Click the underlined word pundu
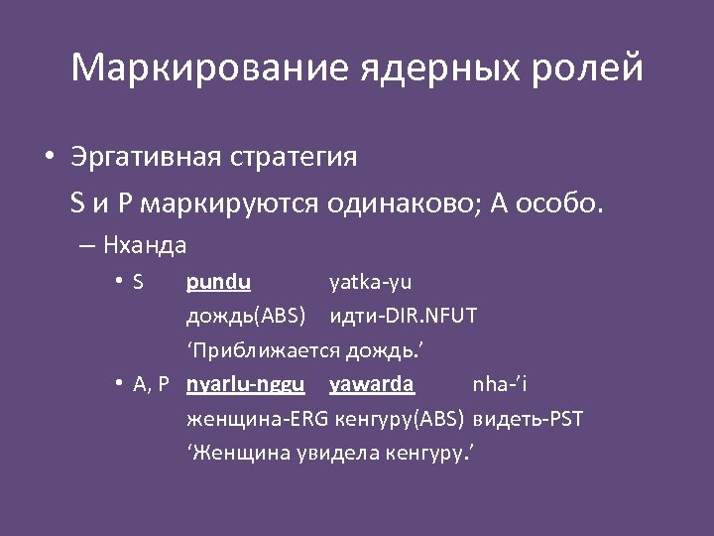tap(218, 282)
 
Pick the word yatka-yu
tap(371, 282)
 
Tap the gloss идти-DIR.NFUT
tap(403, 317)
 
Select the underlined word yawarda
tap(372, 384)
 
